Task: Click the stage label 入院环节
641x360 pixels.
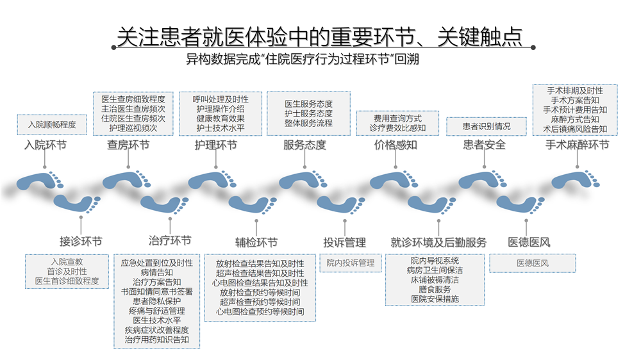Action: click(46, 145)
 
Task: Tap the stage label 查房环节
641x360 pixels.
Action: click(128, 145)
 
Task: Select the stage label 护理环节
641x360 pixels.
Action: click(216, 145)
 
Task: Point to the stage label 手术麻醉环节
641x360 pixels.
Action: click(578, 145)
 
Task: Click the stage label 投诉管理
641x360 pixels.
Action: click(345, 242)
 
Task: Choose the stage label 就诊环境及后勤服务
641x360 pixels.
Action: click(438, 242)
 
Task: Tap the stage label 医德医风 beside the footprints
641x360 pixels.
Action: click(529, 242)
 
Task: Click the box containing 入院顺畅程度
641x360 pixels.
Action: click(52, 125)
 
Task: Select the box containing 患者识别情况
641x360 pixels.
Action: click(487, 127)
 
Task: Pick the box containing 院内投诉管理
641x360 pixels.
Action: click(351, 263)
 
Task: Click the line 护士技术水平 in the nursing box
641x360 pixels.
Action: click(221, 128)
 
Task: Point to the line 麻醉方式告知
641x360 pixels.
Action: click(575, 119)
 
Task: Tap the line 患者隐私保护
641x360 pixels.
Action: click(157, 301)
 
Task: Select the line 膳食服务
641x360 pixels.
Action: click(435, 290)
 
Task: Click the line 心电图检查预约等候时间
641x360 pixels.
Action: click(260, 312)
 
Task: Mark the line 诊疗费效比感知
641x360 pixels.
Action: click(398, 128)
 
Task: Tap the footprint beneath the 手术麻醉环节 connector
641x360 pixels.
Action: click(575, 181)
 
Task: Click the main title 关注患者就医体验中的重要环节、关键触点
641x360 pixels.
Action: click(320, 37)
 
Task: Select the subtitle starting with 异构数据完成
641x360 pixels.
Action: click(303, 59)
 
